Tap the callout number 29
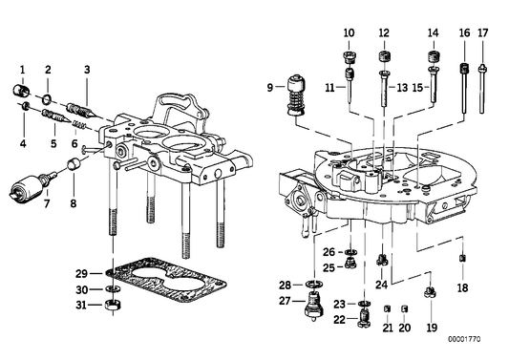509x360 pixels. coord(82,274)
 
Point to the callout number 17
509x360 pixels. coord(483,32)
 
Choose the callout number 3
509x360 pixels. coord(87,69)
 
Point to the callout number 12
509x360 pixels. coord(384,32)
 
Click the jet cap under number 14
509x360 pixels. coord(433,64)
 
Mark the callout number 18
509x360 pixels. coord(463,286)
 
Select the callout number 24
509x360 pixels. coord(382,284)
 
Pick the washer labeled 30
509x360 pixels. coord(112,289)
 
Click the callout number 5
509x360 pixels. coord(53,143)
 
